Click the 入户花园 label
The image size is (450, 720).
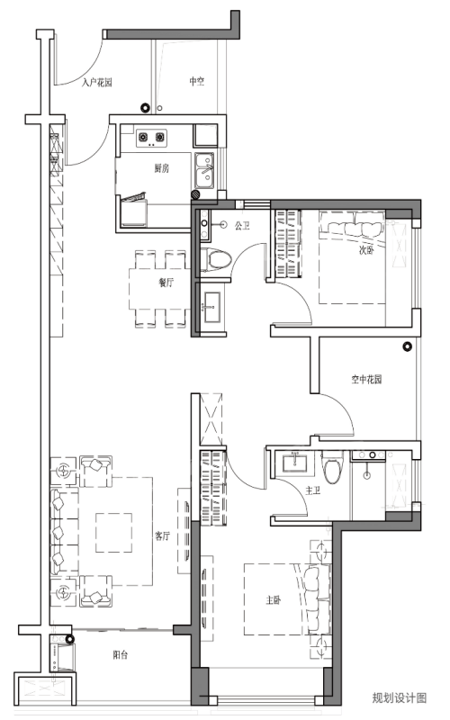click(x=97, y=83)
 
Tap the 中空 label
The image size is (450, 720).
click(x=197, y=81)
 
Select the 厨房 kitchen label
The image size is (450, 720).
click(x=161, y=169)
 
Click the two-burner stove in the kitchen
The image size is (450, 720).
click(x=151, y=138)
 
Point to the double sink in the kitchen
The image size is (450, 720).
click(x=205, y=171)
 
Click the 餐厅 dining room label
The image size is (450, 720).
click(x=166, y=283)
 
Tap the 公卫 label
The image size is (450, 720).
click(x=242, y=226)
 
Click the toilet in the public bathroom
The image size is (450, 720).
click(x=216, y=260)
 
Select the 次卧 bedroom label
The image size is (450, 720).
click(x=366, y=251)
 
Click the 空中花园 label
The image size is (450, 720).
click(x=366, y=380)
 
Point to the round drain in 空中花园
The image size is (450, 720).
click(x=407, y=347)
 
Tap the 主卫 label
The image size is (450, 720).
click(x=312, y=490)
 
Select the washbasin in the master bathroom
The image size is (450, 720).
click(x=295, y=463)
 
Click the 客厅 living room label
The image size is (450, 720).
click(x=163, y=535)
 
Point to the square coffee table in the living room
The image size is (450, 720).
click(x=114, y=533)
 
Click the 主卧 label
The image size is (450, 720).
click(x=274, y=600)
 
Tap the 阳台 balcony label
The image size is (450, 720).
click(x=121, y=655)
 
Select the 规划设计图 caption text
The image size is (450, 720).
click(x=399, y=698)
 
